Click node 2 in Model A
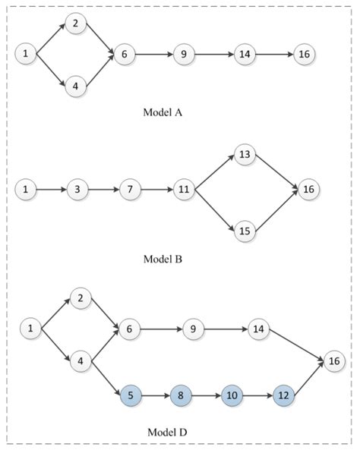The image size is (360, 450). (x=75, y=24)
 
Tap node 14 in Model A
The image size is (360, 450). (x=244, y=54)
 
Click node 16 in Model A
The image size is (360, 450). (x=304, y=54)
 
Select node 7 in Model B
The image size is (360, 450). (x=131, y=188)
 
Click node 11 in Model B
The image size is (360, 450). (x=184, y=188)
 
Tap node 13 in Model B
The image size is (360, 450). (x=244, y=154)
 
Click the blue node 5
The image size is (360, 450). (x=131, y=396)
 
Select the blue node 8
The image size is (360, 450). (x=182, y=396)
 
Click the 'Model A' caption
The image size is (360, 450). (x=163, y=112)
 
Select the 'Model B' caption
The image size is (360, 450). (x=163, y=259)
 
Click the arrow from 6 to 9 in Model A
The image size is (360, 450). (x=155, y=54)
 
